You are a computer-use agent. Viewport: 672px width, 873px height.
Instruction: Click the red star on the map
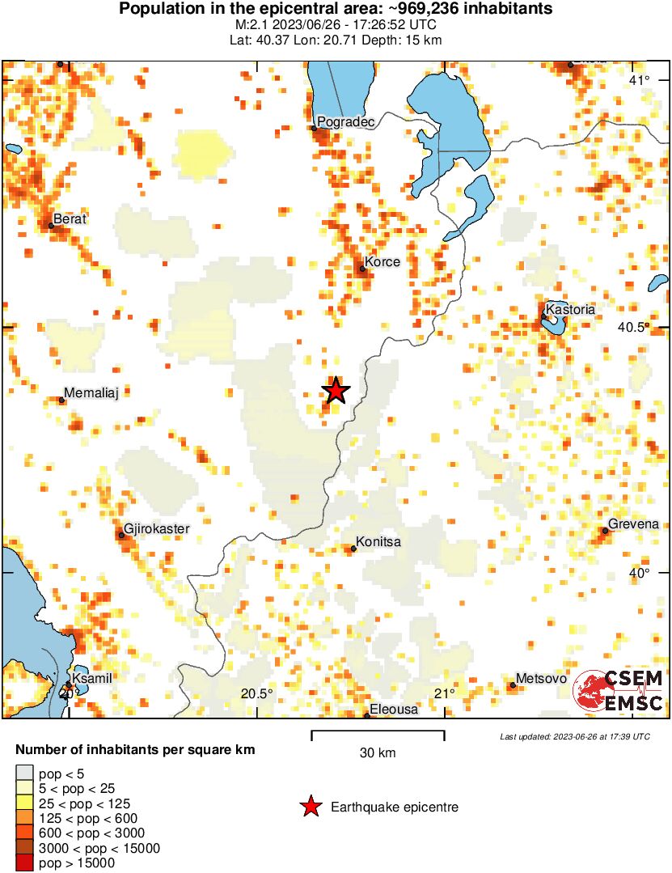[x=336, y=391]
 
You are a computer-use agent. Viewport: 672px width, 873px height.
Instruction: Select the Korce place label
[x=382, y=262]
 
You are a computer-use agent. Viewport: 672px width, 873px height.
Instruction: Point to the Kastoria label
[x=570, y=309]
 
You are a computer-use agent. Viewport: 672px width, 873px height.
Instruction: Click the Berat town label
[x=70, y=219]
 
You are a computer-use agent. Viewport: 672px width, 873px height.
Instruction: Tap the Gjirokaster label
[x=157, y=529]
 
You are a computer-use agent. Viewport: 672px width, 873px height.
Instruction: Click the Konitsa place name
[x=378, y=542]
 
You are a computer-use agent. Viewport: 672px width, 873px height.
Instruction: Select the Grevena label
[x=633, y=524]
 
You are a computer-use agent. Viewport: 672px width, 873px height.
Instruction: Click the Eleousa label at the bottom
[x=394, y=710]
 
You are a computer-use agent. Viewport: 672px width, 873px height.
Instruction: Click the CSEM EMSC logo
[x=619, y=691]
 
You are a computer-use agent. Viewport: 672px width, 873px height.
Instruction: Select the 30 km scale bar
[x=378, y=735]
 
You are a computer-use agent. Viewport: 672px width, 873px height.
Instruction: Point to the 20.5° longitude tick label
[x=257, y=693]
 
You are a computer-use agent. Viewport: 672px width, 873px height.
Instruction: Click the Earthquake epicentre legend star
[x=310, y=807]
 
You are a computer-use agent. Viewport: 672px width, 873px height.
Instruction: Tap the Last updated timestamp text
[x=574, y=737]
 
